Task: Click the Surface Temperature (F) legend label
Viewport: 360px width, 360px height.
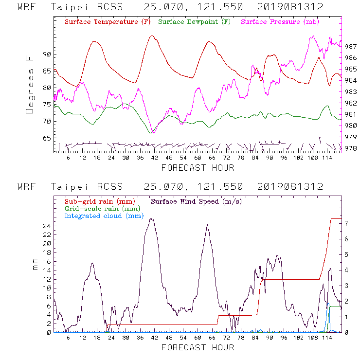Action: tap(108, 22)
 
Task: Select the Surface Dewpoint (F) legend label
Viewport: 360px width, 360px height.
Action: tap(195, 22)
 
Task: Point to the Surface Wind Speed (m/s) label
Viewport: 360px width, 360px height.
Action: tap(196, 201)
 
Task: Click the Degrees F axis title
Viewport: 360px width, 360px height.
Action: tap(30, 85)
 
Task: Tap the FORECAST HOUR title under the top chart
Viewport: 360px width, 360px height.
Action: tap(198, 168)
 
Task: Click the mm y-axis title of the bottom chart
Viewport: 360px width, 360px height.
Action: tap(36, 265)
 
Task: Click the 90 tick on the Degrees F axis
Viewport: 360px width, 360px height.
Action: tap(47, 54)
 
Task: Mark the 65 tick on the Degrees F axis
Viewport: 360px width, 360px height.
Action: tap(47, 139)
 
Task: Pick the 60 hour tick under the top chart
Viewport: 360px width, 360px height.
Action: tap(198, 159)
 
